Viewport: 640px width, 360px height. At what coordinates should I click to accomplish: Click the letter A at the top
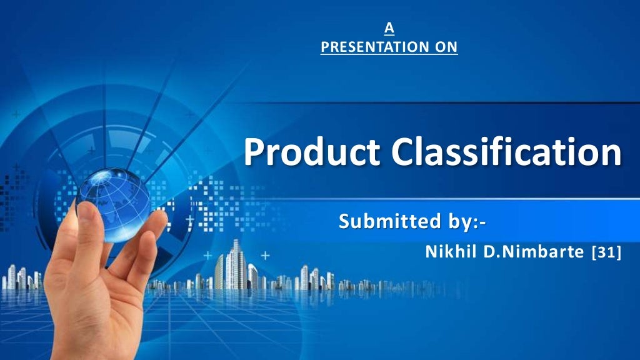pos(389,27)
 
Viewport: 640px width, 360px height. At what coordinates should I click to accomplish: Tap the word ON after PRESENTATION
pos(447,47)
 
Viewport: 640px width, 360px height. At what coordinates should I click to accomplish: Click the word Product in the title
pos(312,153)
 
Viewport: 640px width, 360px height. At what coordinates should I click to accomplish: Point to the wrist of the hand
pos(87,337)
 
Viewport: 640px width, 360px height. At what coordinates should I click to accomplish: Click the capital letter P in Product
pos(254,153)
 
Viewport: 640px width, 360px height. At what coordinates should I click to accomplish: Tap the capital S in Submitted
pos(344,221)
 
